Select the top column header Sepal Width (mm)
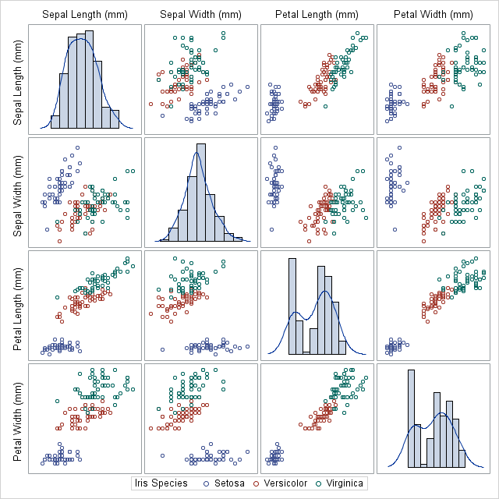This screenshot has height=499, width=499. pyautogui.click(x=200, y=14)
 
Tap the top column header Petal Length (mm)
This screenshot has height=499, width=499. pyautogui.click(x=317, y=14)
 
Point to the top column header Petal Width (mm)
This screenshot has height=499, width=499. pyautogui.click(x=433, y=14)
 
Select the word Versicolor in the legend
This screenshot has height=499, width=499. pyautogui.click(x=285, y=483)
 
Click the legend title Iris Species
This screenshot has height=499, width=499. pyautogui.click(x=161, y=483)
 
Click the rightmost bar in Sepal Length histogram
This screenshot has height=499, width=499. pyautogui.click(x=115, y=119)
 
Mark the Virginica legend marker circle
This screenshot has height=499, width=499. pyautogui.click(x=318, y=483)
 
